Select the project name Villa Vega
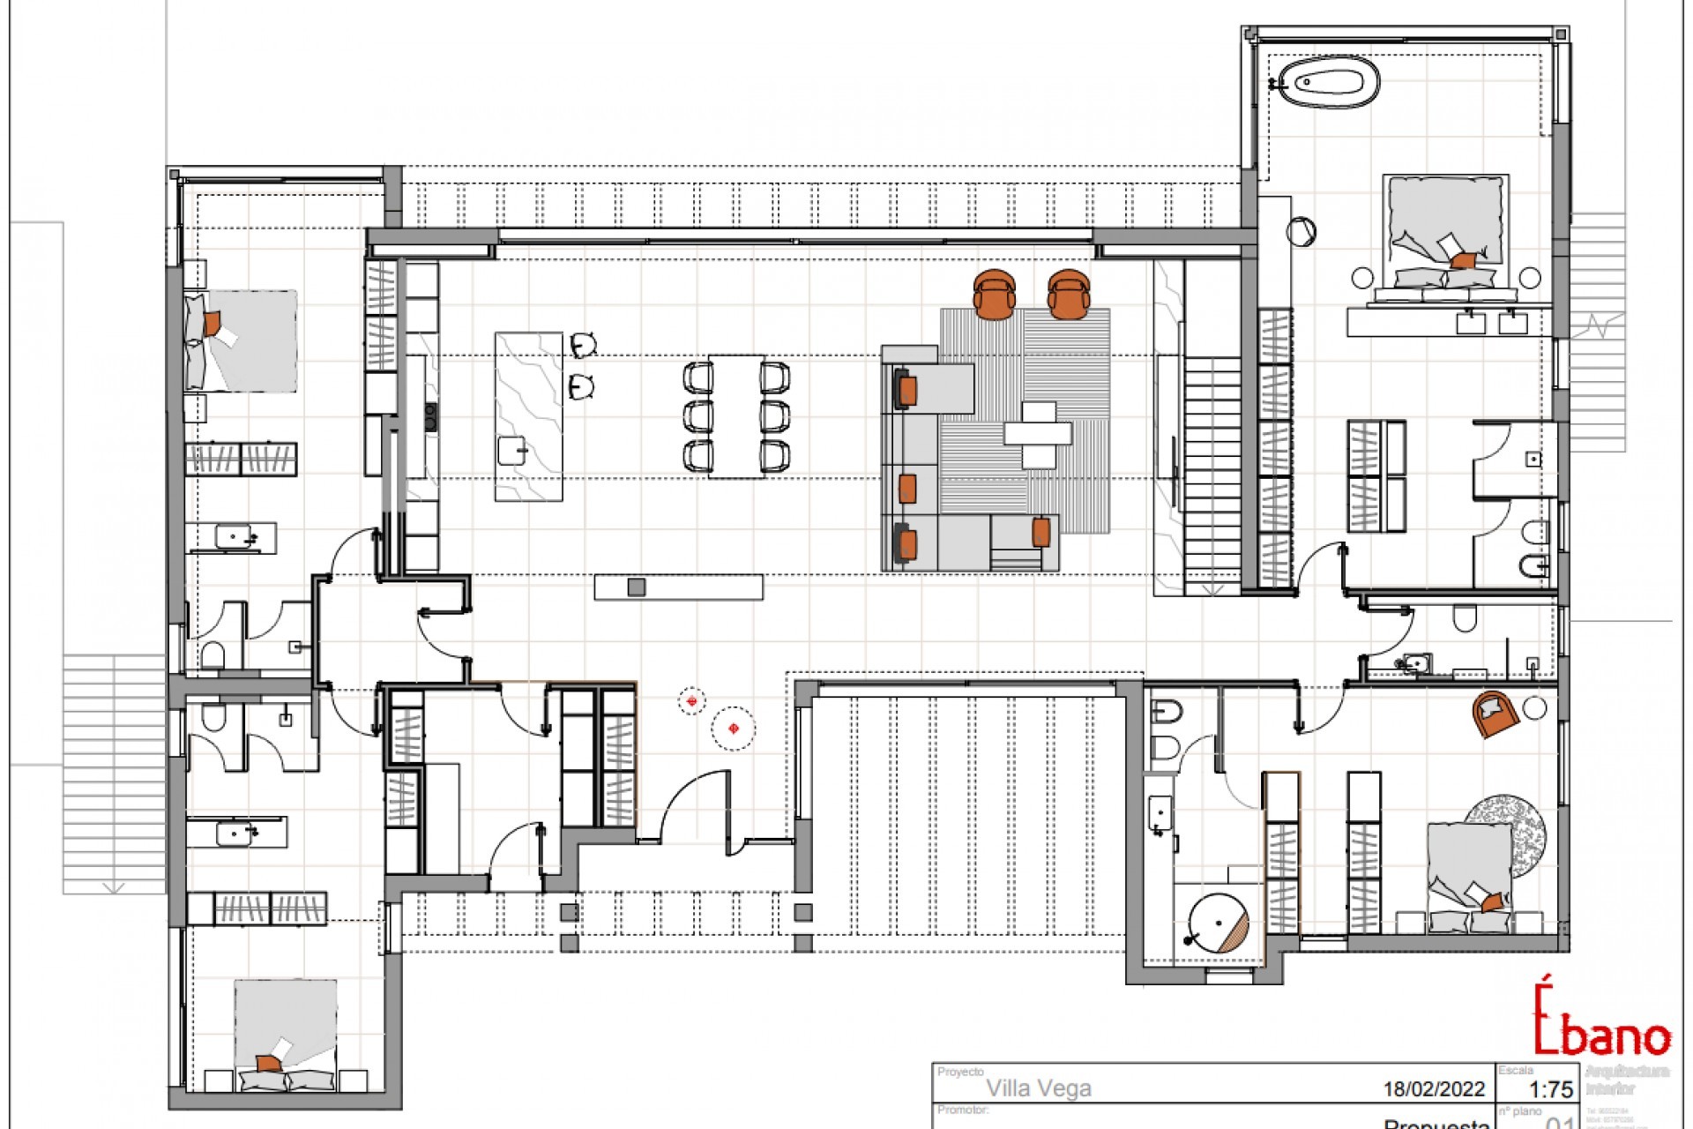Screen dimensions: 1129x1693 point(1038,1088)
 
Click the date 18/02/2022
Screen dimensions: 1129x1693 point(1433,1090)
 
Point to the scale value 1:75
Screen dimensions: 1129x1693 point(1548,1090)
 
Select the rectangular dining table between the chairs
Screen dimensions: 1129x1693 point(736,415)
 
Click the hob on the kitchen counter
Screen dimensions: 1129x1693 point(431,416)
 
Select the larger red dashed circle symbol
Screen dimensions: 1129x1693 point(734,728)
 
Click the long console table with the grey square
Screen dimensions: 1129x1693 point(678,587)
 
